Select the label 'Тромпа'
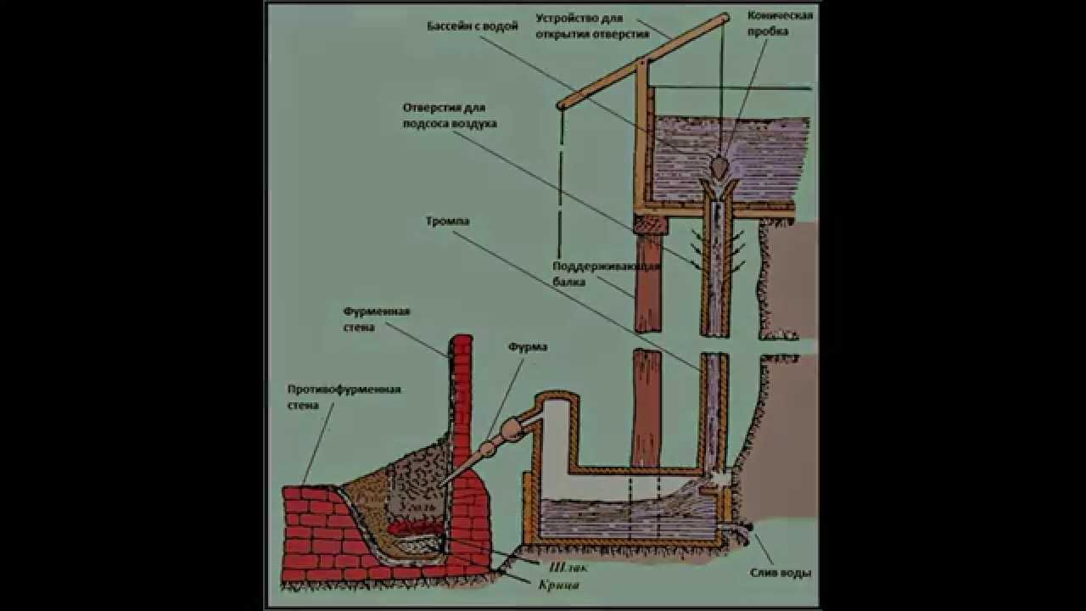[x=448, y=221]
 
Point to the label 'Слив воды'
[x=781, y=574]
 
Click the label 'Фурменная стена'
[x=377, y=319]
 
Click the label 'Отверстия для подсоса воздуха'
[x=450, y=115]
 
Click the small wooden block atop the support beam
[x=649, y=224]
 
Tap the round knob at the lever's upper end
[x=725, y=16]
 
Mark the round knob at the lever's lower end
[x=561, y=105]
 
